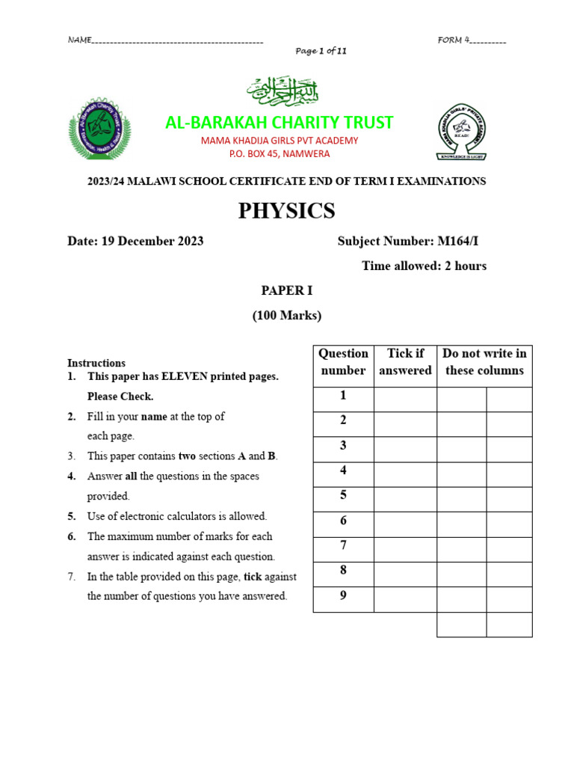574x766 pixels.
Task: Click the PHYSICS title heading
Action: pos(287,212)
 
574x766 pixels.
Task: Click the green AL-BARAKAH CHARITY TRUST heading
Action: pos(279,123)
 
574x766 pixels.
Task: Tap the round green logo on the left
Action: pos(99,128)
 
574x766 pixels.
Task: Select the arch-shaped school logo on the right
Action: pos(466,132)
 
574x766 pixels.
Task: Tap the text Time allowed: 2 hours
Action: pos(424,266)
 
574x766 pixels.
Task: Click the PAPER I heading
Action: pos(287,290)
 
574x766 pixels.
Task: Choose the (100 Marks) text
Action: pos(287,315)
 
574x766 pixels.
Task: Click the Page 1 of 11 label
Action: pos(321,51)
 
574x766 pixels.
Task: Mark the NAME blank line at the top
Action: pos(176,40)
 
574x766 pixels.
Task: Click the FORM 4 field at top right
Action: pos(472,40)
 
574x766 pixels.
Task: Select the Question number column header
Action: pos(343,362)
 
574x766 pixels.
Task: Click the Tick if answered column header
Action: pos(405,362)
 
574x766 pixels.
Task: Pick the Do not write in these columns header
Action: pos(484,362)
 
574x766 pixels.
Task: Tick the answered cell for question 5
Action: pos(405,500)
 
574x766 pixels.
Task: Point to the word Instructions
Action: pos(96,363)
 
